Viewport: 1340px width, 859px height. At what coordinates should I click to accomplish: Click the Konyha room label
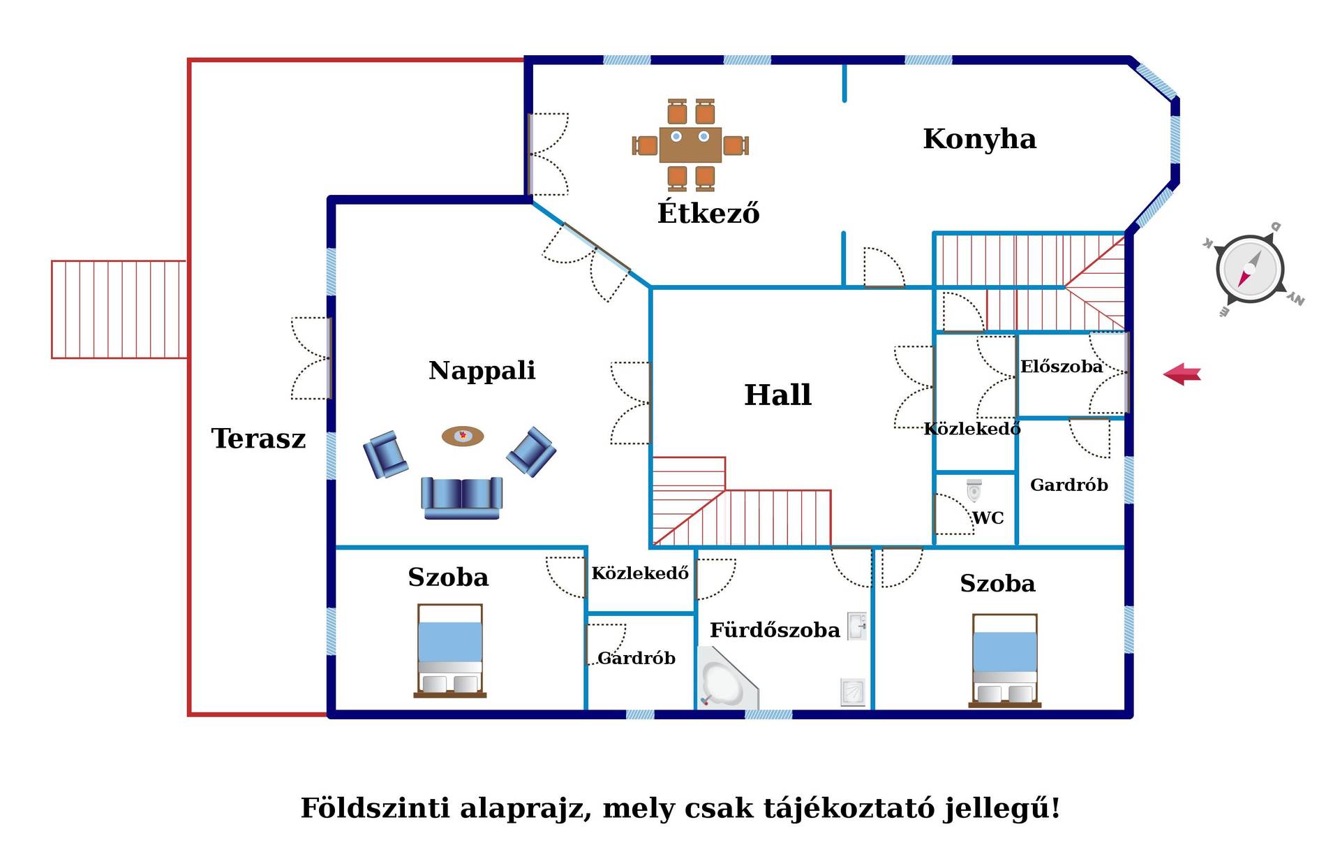(979, 139)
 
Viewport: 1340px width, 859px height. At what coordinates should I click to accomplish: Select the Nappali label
(482, 370)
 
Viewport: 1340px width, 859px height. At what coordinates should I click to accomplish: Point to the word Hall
(777, 395)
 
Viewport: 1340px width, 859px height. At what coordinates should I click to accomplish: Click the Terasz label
(258, 439)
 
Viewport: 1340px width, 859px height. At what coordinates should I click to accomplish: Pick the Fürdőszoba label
(775, 630)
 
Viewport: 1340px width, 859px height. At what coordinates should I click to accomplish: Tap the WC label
(988, 517)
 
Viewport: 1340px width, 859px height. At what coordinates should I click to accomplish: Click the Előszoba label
(1062, 367)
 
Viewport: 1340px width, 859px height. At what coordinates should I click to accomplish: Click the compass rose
(1251, 270)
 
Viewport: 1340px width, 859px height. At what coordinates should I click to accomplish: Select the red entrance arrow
(1182, 374)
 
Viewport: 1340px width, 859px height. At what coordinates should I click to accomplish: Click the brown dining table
(690, 145)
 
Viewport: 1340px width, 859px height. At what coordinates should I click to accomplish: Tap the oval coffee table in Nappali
(463, 436)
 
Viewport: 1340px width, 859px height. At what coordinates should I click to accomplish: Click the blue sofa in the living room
(462, 498)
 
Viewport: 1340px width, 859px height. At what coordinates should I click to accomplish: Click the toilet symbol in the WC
(974, 490)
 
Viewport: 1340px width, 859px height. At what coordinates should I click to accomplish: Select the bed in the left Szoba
(450, 651)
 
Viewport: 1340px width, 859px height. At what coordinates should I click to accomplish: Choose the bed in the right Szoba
(1005, 661)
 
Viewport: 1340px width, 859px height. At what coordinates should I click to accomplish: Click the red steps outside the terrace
(119, 309)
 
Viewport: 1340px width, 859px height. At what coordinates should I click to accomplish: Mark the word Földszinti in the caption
(375, 808)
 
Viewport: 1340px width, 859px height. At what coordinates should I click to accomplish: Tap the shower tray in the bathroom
(853, 692)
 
